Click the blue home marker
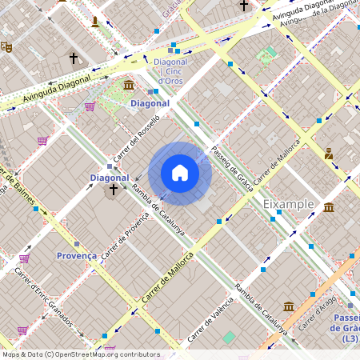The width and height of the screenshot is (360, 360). [x=180, y=173]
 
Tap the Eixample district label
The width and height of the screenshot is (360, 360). [x=288, y=205]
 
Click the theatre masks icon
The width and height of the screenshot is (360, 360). [x=6, y=47]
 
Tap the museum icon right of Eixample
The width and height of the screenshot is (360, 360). [x=330, y=209]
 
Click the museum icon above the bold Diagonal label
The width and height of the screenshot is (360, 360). [x=129, y=85]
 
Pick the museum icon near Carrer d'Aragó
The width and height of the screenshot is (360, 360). [x=289, y=306]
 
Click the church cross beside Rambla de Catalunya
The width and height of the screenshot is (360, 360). [x=113, y=190]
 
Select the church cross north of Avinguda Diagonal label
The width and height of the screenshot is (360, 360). [x=74, y=58]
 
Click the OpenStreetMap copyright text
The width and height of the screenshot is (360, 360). [x=80, y=354]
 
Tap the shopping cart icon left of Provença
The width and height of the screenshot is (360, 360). [x=24, y=258]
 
